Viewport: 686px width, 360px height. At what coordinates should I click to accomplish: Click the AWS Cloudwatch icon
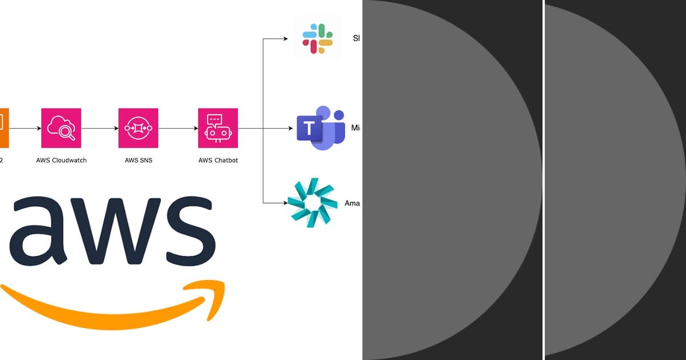tap(61, 128)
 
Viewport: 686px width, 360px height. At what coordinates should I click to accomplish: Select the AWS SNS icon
tap(138, 128)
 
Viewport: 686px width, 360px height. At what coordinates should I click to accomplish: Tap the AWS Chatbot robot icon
tap(218, 128)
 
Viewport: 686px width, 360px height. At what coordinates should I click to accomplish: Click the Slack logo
tap(318, 39)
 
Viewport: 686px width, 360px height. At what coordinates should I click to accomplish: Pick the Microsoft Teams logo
tap(321, 128)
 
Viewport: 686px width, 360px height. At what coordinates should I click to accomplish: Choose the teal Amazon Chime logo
tap(312, 202)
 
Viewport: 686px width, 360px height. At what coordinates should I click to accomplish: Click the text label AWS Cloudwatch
tap(61, 161)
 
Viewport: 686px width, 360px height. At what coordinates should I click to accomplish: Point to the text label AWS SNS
tap(138, 161)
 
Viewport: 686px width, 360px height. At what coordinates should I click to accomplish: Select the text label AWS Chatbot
tap(218, 161)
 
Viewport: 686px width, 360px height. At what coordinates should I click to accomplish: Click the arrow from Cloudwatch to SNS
tap(99, 129)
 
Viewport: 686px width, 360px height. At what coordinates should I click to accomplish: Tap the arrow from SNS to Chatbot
tap(178, 129)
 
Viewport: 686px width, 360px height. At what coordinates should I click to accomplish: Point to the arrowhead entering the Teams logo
tap(290, 129)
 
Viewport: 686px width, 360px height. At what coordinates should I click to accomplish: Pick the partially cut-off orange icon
tap(4, 128)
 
